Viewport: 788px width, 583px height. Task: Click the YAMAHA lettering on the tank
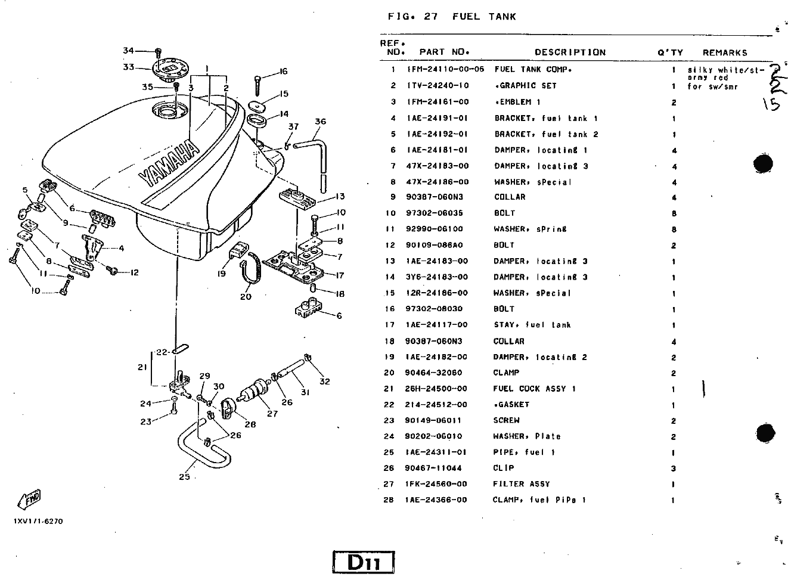(169, 164)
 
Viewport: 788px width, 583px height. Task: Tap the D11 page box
(364, 562)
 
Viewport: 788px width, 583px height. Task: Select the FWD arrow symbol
(29, 499)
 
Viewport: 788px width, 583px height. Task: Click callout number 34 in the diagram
(128, 51)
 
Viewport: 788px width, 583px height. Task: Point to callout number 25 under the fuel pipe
(184, 476)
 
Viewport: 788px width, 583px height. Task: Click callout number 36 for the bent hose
(320, 122)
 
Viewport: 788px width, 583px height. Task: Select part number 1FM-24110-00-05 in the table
(445, 69)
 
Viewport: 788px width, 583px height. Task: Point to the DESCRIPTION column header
(570, 52)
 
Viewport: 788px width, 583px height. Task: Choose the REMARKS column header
(725, 53)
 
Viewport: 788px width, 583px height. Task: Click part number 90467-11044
(433, 468)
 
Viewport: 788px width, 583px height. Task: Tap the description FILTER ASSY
(521, 484)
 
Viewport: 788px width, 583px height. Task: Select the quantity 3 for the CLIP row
(673, 469)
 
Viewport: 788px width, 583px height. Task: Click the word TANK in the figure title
(502, 17)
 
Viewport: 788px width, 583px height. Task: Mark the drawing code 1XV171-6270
(38, 521)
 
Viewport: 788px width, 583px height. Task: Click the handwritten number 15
(771, 103)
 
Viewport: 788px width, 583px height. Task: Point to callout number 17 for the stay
(340, 275)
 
